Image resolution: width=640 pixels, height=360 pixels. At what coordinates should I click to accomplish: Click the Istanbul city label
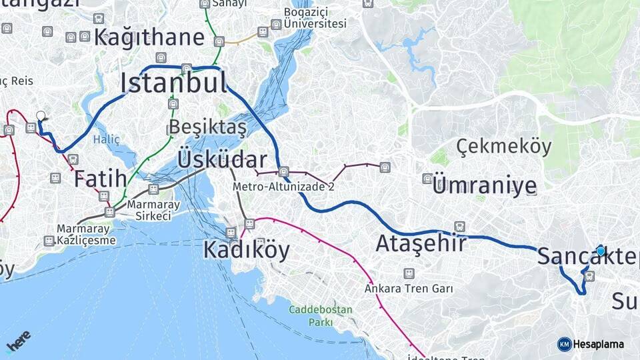tap(173, 83)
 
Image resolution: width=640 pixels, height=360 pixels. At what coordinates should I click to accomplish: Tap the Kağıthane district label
tap(149, 37)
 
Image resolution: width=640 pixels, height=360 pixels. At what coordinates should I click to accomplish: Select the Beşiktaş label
tap(208, 127)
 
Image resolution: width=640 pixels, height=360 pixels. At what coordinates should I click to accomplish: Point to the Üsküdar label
tap(222, 160)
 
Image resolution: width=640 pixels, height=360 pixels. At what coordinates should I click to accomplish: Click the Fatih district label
tap(100, 179)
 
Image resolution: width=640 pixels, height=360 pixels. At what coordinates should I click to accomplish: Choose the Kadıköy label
tap(247, 251)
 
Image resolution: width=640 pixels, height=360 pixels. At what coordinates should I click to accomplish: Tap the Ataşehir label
tap(421, 243)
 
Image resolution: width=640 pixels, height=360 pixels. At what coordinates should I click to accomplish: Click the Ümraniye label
tap(484, 185)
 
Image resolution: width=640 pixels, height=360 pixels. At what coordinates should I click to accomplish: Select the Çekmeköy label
tap(505, 146)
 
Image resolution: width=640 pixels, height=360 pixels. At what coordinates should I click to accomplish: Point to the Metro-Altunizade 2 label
tap(283, 187)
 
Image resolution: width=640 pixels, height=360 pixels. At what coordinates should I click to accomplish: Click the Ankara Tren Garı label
tap(409, 289)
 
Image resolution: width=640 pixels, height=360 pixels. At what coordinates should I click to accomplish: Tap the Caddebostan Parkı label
tap(315, 316)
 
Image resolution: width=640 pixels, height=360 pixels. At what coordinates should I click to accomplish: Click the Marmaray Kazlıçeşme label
tap(77, 235)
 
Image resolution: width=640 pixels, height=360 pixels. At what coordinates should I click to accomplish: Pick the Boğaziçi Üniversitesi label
tap(315, 18)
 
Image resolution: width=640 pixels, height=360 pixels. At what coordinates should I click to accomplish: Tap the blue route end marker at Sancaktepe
tap(601, 251)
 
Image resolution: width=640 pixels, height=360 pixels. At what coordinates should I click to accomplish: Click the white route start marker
tap(41, 115)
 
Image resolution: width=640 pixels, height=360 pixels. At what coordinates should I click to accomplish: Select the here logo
tap(19, 340)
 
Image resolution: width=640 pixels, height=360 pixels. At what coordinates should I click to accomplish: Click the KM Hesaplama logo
tap(591, 344)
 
